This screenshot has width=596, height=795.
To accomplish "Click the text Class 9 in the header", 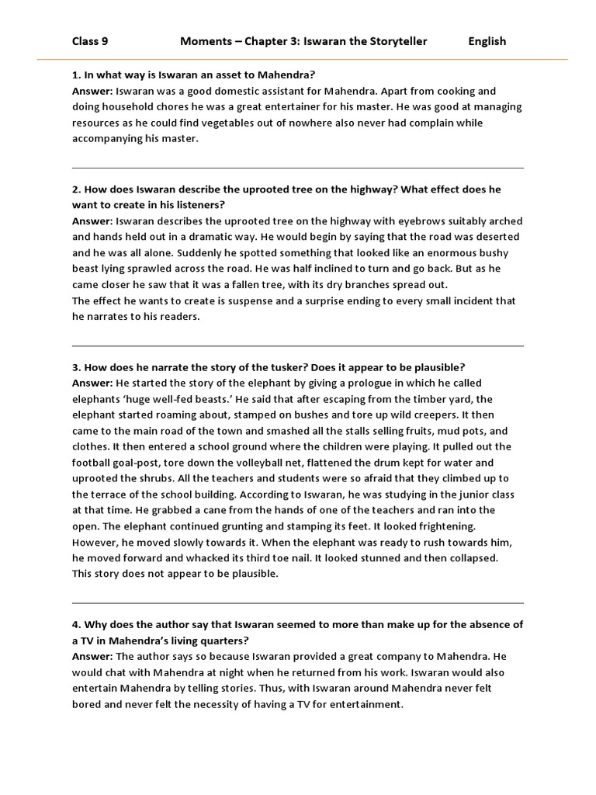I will point(90,41).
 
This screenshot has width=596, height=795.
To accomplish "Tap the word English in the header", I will point(487,41).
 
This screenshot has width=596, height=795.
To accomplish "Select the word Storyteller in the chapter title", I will point(397,41).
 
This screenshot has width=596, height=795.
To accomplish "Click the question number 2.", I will point(76,189).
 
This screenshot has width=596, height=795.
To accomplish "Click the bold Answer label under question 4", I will point(92,657).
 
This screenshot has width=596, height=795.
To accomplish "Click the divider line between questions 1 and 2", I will point(298,168).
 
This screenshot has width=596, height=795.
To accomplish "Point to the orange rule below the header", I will point(298,60).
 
